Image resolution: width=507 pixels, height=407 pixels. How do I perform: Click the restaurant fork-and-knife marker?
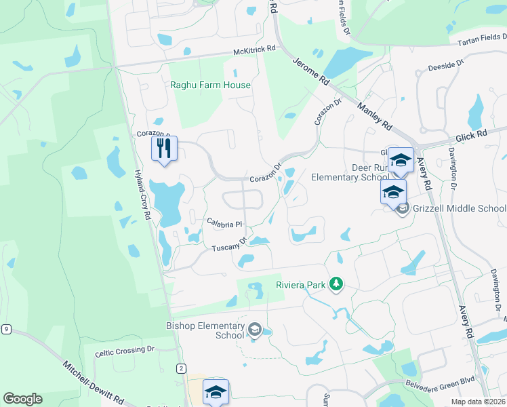pos(163,149)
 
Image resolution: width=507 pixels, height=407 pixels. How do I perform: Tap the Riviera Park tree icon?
pos(335,284)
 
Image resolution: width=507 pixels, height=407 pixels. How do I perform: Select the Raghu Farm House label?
pos(210,85)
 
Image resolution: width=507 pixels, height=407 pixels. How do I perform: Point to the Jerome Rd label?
pos(311,70)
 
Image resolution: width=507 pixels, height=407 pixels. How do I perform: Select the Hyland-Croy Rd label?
pos(142,193)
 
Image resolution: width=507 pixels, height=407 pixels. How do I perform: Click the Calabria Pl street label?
pos(224,223)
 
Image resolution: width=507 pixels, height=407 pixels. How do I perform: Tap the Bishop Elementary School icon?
pos(255,330)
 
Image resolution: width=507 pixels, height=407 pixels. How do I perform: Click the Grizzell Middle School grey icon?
pos(403,208)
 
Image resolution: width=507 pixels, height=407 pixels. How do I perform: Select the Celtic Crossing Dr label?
pos(125,350)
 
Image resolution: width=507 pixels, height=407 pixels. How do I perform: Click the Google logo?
pos(22,399)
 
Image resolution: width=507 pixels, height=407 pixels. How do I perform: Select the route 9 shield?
pos(6,330)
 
